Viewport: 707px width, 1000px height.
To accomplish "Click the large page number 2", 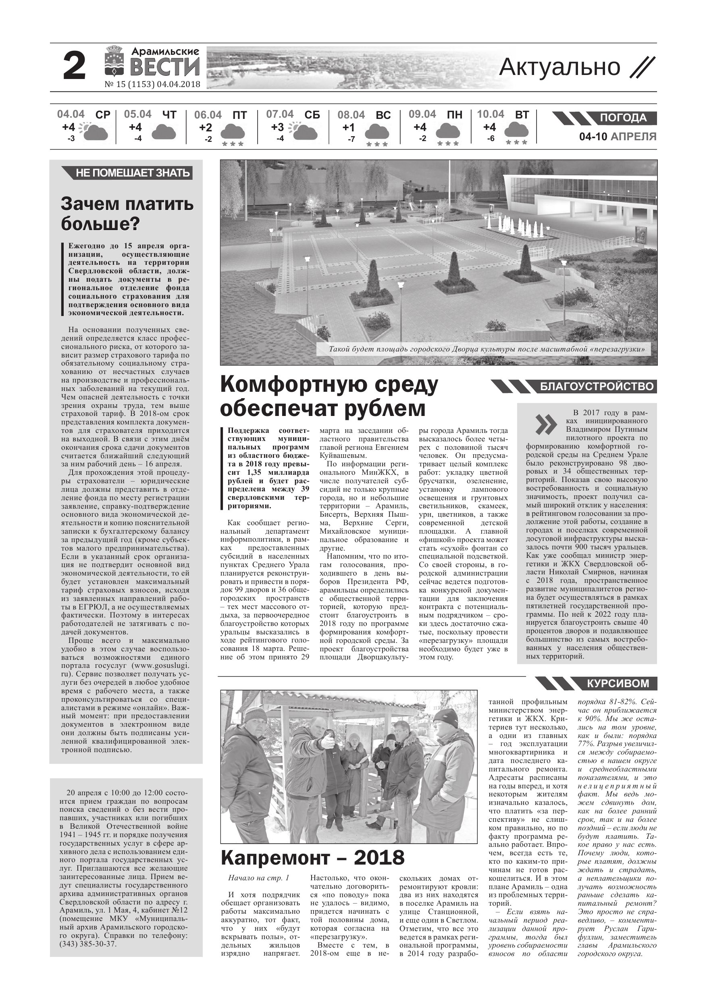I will tap(75, 67).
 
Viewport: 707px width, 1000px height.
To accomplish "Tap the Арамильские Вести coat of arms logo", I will tap(114, 61).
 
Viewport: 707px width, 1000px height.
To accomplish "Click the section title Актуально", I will tap(559, 67).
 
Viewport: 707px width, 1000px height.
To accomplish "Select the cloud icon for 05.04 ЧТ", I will tap(163, 131).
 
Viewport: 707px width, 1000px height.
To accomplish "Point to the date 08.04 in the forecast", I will tap(351, 115).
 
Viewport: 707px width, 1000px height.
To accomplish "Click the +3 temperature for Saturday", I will tap(277, 127).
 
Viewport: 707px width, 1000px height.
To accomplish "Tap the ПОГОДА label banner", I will tap(623, 118).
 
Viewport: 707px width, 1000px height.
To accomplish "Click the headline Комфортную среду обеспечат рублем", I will tap(329, 396).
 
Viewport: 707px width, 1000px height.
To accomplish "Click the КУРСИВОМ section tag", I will tap(618, 683).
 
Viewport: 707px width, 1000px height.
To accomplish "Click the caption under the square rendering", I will tap(487, 349).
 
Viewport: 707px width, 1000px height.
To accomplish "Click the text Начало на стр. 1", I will tap(258, 877).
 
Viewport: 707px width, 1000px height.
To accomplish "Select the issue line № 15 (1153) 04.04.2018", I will tap(152, 85).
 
